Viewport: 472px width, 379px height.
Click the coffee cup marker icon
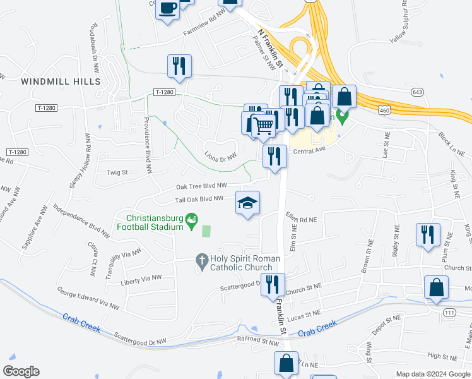(168, 9)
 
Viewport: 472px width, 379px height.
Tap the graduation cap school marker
(248, 203)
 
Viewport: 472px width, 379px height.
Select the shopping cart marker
(264, 124)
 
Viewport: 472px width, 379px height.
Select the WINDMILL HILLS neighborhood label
(61, 82)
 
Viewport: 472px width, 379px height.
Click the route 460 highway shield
(384, 111)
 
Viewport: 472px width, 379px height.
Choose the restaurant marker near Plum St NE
(428, 234)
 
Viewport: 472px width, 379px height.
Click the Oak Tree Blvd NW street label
(201, 186)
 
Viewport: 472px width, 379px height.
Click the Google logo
(21, 371)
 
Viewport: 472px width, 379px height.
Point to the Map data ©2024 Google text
(433, 374)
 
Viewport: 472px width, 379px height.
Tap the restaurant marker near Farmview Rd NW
(179, 66)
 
